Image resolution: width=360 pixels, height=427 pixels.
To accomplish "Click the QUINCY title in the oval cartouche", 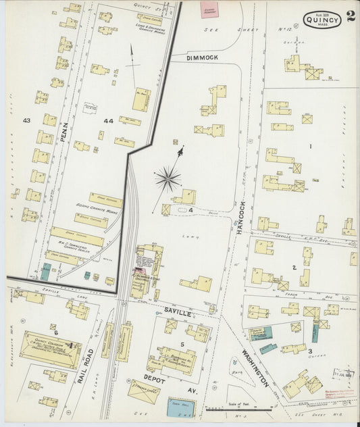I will coord(322,20).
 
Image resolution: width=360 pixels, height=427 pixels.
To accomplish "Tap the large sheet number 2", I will coord(351,17).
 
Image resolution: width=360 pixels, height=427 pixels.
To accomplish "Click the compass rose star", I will coord(168,179).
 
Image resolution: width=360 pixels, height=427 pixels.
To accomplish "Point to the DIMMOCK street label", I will coord(203,59).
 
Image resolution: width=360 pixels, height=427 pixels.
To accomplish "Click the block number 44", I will coord(108,120).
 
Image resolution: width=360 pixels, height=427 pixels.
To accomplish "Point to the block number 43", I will coord(27,120).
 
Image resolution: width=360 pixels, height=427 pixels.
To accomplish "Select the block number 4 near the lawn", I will coord(191,210).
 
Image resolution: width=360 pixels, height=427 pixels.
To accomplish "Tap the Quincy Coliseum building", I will coord(51,349).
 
